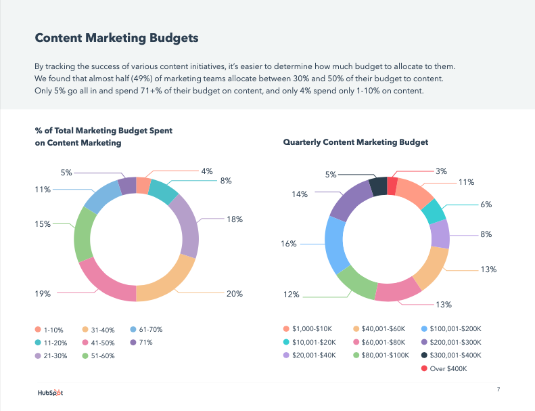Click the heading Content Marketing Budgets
coord(116,38)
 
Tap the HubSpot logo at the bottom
coord(51,392)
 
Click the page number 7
coord(498,389)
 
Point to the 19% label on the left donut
coord(42,294)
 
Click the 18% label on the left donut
coord(234,219)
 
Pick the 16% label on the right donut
coord(289,243)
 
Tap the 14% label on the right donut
coord(300,194)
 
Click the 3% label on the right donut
coord(441,171)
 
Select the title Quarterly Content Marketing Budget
coord(355,142)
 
